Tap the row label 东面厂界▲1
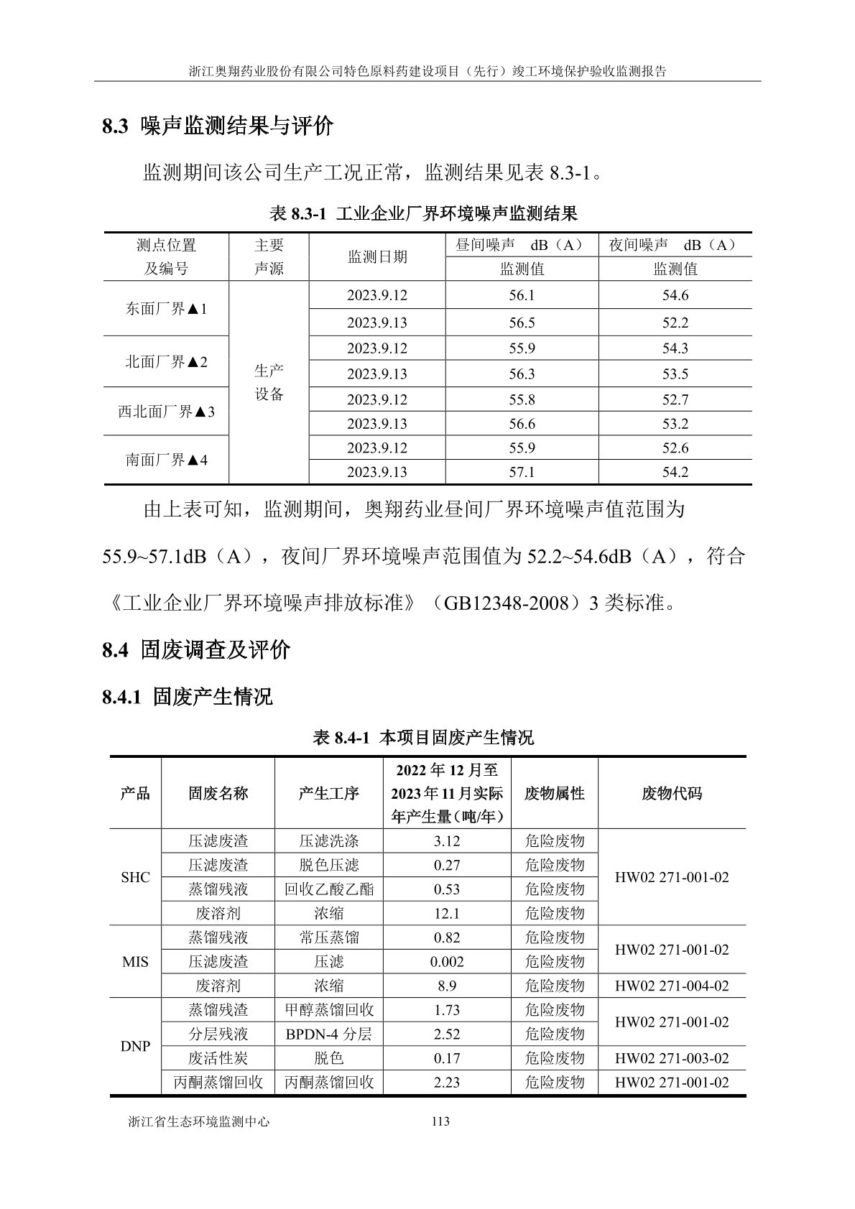point(166,309)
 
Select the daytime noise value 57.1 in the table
point(522,472)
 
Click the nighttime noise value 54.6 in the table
point(675,295)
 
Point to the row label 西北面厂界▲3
point(166,412)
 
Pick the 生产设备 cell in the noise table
point(269,382)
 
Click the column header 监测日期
point(377,256)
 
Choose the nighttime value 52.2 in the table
point(675,323)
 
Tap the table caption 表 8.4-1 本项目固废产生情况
point(424,737)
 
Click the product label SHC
point(135,877)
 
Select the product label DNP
point(135,1046)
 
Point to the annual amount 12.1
point(447,913)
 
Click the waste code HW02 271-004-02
point(672,986)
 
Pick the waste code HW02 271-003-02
point(672,1058)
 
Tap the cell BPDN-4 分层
point(329,1034)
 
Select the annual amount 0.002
point(447,961)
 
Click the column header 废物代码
point(672,793)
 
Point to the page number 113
point(440,1121)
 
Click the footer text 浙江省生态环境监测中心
point(198,1121)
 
